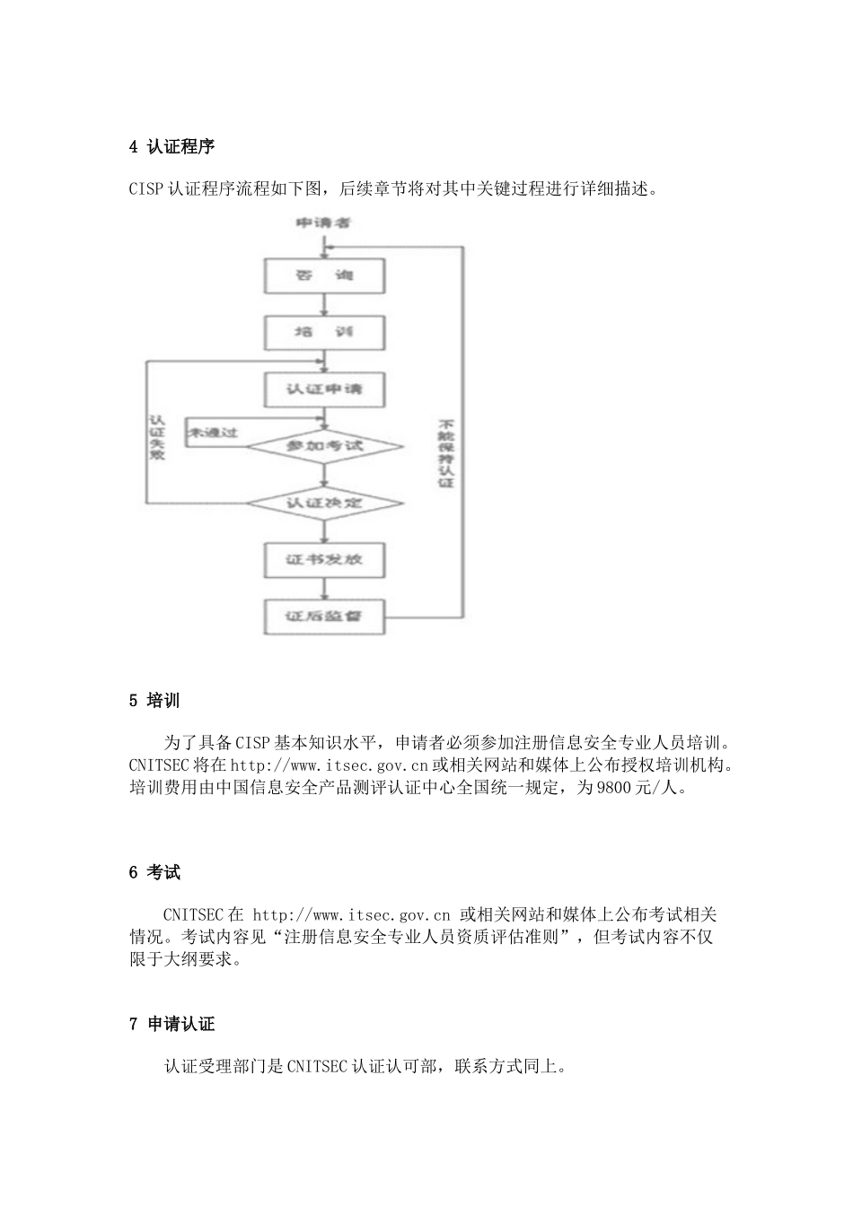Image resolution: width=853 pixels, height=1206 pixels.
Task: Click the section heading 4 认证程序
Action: tap(171, 146)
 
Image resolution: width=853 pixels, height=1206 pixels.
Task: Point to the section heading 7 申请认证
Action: tap(171, 1024)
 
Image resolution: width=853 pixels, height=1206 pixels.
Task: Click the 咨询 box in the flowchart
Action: tap(324, 276)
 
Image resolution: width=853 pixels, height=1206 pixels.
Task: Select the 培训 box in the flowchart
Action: tap(324, 333)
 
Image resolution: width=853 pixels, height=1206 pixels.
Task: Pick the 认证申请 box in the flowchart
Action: tap(324, 389)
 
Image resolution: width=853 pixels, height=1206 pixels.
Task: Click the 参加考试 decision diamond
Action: tap(324, 446)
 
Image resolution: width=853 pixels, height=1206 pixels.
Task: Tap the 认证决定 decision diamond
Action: tap(324, 502)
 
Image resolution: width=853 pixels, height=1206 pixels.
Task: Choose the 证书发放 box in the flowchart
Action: tap(324, 560)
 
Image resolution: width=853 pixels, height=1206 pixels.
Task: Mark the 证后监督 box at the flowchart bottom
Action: tap(324, 616)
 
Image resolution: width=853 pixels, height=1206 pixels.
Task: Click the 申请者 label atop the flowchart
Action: tap(323, 222)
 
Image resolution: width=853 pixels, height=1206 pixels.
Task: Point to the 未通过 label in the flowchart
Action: tap(213, 433)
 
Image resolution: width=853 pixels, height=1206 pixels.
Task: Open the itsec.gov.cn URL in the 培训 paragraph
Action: tap(330, 765)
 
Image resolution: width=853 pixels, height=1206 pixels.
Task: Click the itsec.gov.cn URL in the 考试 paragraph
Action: tap(351, 915)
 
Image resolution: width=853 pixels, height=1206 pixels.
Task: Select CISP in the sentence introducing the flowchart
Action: tap(146, 189)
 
